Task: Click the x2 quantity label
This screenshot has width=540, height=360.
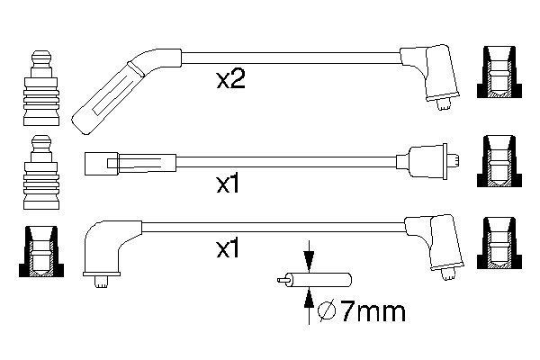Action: [x=231, y=80]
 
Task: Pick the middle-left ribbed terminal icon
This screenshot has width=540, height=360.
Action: [x=40, y=171]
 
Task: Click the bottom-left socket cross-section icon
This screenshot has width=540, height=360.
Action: [x=40, y=252]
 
